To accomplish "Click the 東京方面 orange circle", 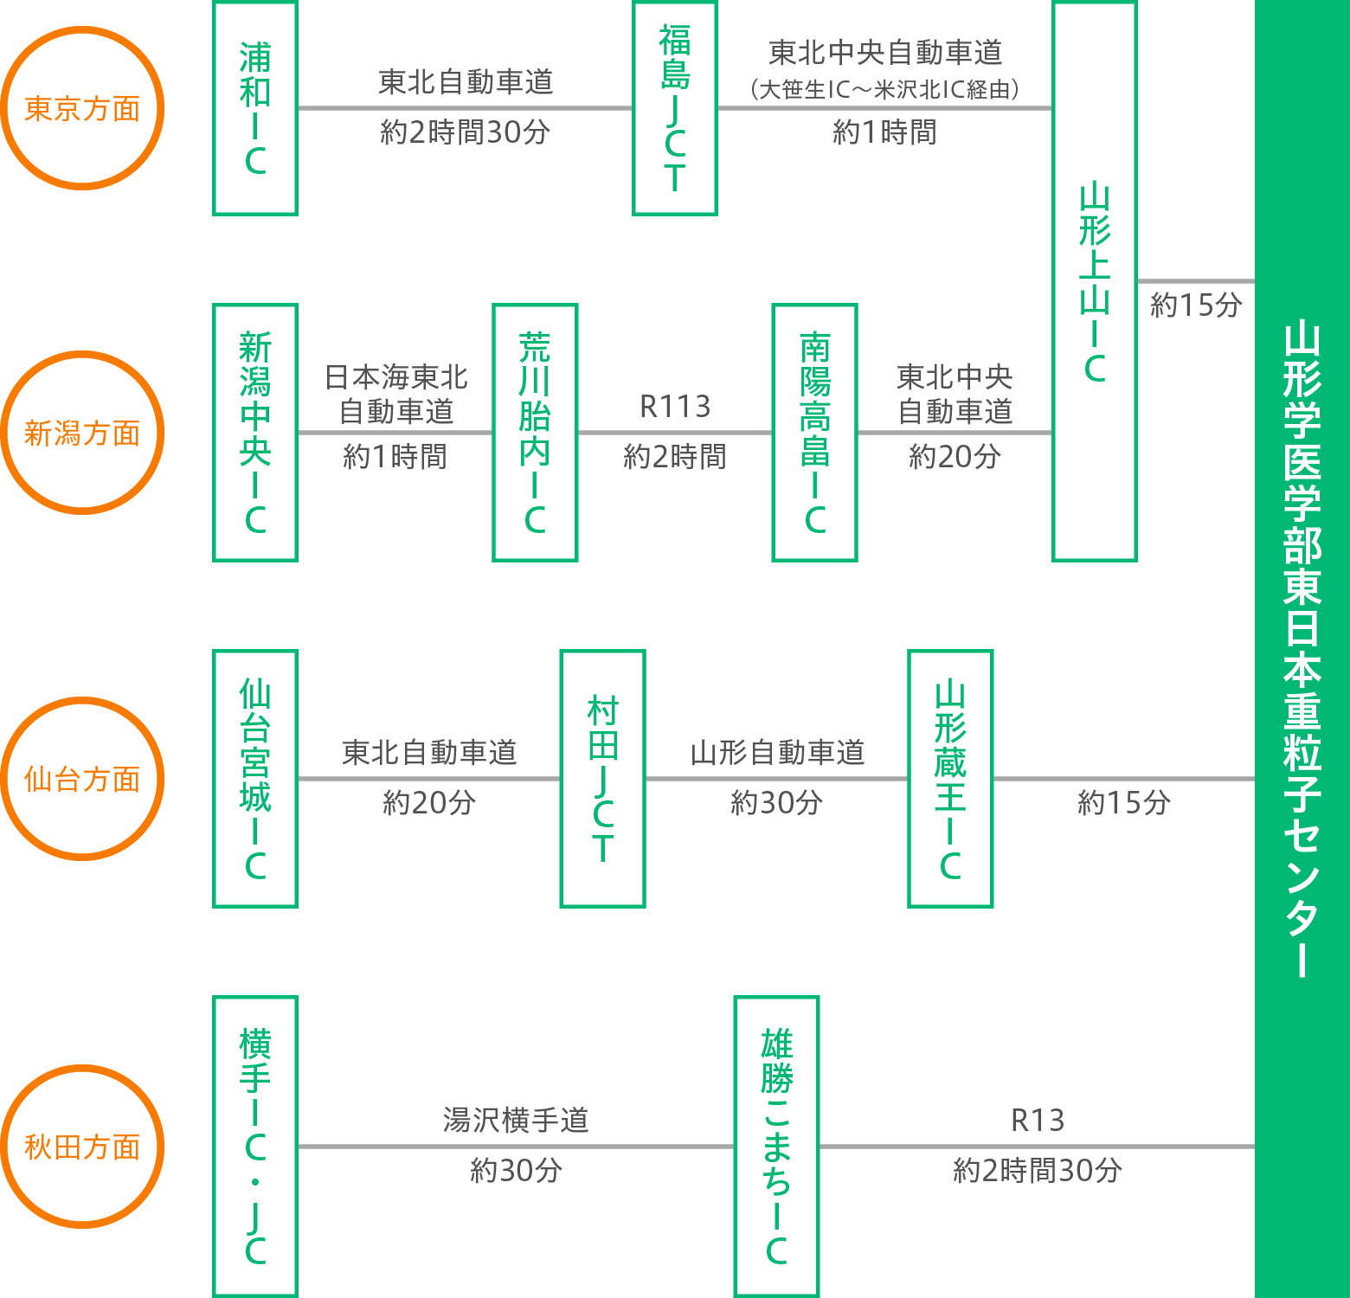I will pos(82,108).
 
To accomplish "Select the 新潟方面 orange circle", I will pos(82,433).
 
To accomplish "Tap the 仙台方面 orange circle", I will pos(82,779).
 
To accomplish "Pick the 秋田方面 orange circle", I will pos(82,1147).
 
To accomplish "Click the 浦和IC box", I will pos(255,108).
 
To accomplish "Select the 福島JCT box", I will pos(675,108).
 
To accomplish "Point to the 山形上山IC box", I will pos(1095,281).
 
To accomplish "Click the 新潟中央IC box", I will pos(255,433).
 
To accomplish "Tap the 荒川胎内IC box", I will pos(535,433).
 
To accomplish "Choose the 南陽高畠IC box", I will pos(814,433).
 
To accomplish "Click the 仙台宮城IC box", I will pos(255,779).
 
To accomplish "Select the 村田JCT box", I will pos(603,779).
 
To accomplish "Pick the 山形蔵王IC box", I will pos(950,779).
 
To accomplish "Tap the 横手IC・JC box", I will pos(255,1147).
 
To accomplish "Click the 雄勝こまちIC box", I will pos(776,1147).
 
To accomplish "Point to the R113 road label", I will pos(675,407).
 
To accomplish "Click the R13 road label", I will pos(1038,1121).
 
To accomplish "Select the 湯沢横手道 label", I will pos(516,1121).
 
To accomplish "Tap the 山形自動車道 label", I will pos(777,753).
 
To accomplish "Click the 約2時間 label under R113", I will pos(675,457).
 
